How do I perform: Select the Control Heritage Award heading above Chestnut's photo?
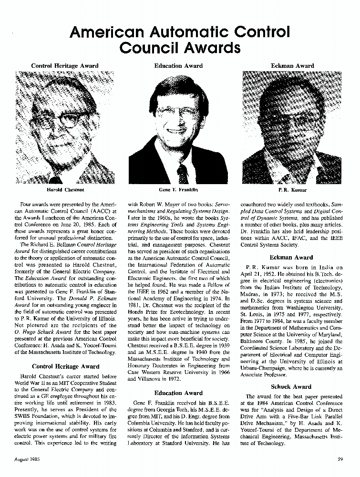point(65,66)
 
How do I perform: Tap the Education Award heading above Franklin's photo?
point(178,66)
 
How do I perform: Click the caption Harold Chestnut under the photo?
point(65,190)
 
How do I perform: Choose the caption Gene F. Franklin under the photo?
point(178,190)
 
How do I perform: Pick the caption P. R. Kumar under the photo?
point(292,190)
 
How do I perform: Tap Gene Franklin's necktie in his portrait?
point(183,174)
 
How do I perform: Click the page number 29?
point(340,460)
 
